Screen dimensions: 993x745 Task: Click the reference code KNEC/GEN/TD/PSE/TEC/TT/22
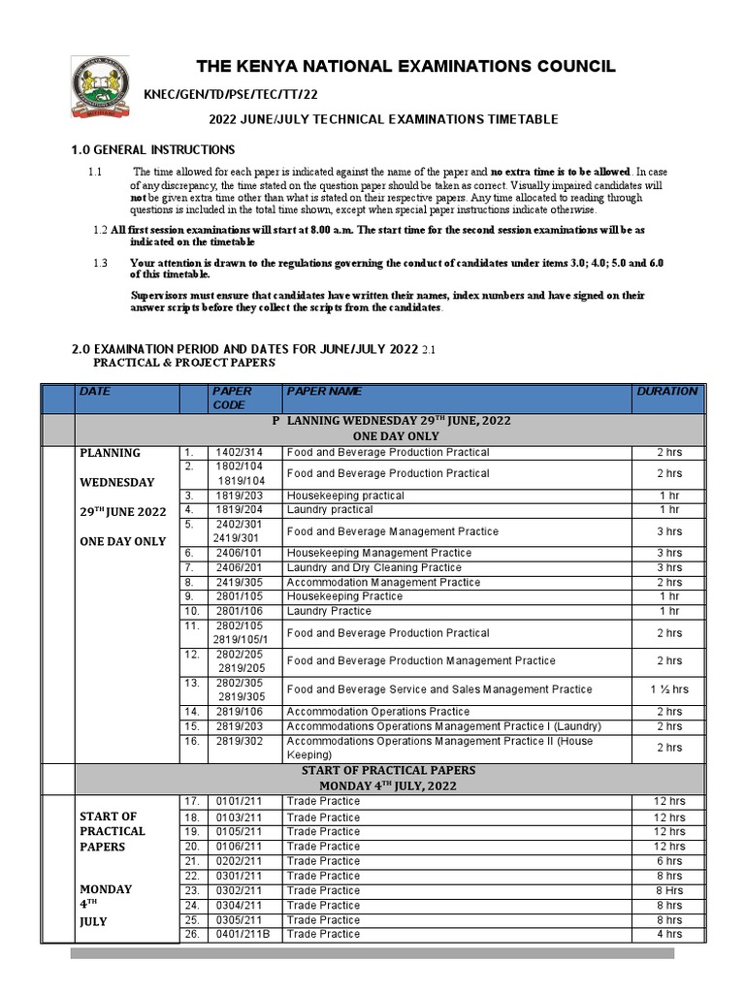pos(231,93)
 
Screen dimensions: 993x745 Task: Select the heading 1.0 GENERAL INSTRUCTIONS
pos(153,149)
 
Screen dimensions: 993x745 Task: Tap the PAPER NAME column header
pos(324,391)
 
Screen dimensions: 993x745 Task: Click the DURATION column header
pos(666,391)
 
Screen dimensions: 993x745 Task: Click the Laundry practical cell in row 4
pos(330,509)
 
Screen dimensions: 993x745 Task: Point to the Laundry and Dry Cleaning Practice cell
pos(374,567)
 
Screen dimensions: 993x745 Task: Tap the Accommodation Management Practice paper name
pos(383,582)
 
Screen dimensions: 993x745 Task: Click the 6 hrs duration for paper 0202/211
pos(668,861)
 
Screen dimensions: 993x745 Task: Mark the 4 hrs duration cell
pos(668,934)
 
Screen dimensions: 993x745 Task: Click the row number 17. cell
pos(193,801)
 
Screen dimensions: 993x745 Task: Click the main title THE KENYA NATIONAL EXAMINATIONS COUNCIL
pos(405,66)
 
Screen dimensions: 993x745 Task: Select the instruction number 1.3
pos(101,263)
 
